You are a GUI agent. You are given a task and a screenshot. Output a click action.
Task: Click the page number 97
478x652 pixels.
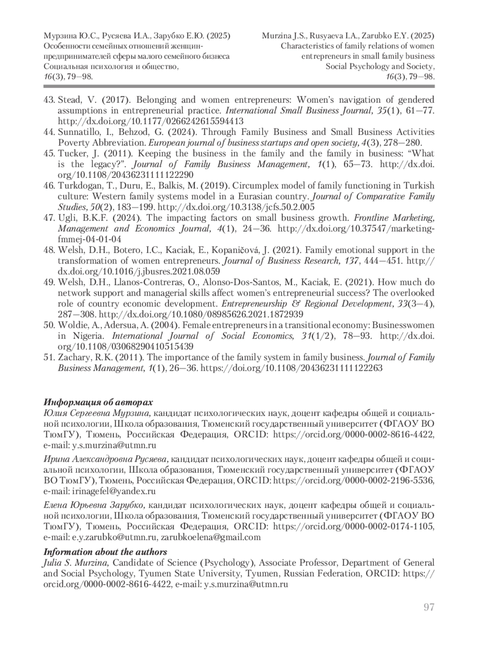(429, 607)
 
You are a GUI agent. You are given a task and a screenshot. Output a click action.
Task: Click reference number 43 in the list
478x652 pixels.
(49, 100)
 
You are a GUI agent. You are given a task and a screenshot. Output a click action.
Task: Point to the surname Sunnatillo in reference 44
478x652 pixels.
(78, 132)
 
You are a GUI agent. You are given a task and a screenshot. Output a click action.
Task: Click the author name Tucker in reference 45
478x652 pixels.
(71, 153)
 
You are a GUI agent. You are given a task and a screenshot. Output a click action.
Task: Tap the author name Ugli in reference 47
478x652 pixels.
(66, 218)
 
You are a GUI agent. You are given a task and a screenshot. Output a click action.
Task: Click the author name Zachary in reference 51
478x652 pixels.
(73, 357)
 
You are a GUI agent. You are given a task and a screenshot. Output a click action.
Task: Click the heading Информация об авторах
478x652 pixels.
(98, 402)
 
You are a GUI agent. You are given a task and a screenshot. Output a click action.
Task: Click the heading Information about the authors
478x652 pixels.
(105, 552)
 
